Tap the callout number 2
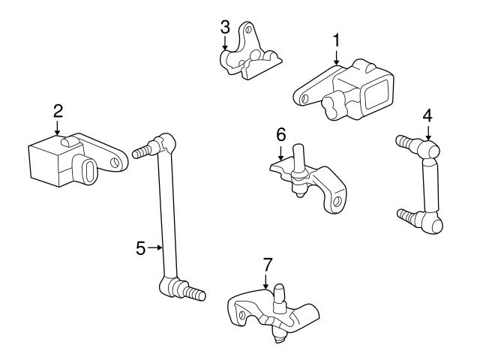coord(58,110)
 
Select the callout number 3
coord(224,27)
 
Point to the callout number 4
coord(427,115)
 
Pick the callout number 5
coord(141,246)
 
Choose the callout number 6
coord(281,135)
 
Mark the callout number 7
coord(266,264)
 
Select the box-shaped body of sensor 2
coord(46,159)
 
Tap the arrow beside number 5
coord(154,246)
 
